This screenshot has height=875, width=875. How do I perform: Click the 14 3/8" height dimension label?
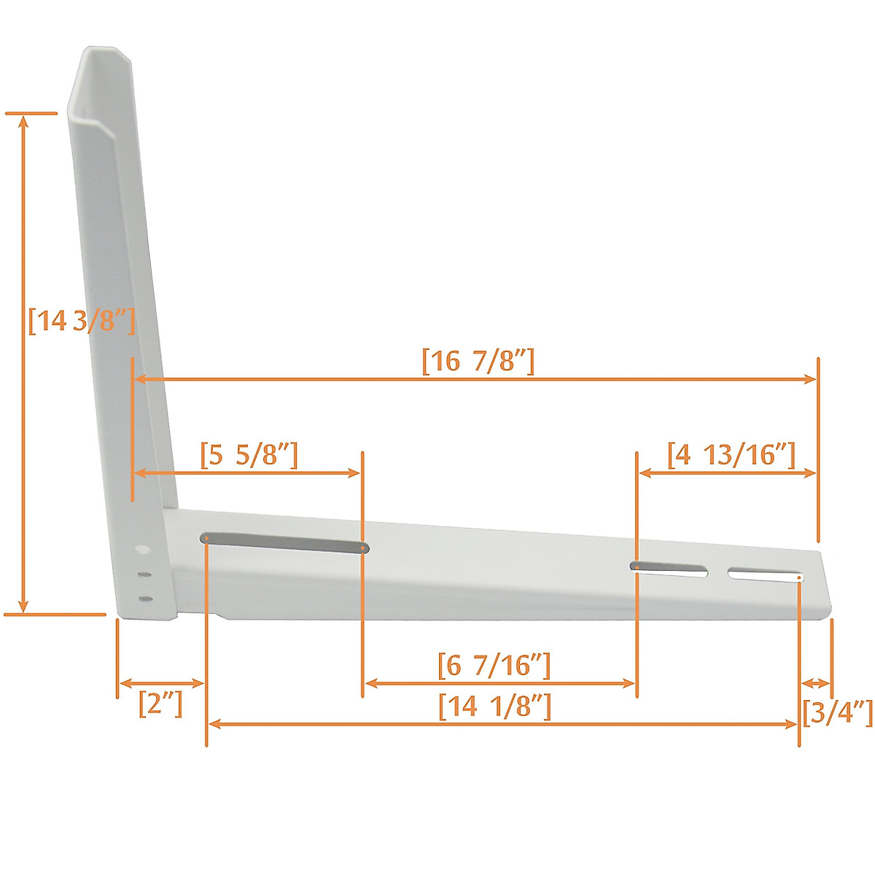pyautogui.click(x=81, y=321)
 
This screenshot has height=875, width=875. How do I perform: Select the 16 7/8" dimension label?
pyautogui.click(x=478, y=361)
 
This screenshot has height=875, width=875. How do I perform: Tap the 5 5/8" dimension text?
pyautogui.click(x=249, y=455)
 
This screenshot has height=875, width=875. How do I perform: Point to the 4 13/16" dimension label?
pyautogui.click(x=731, y=455)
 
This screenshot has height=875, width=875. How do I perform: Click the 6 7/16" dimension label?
pyautogui.click(x=494, y=666)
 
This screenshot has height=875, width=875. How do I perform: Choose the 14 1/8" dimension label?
pyautogui.click(x=495, y=707)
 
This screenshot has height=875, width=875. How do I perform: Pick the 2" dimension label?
pyautogui.click(x=160, y=704)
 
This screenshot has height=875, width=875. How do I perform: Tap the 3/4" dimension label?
pyautogui.click(x=837, y=712)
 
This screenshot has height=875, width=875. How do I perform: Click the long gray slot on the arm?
pyautogui.click(x=284, y=542)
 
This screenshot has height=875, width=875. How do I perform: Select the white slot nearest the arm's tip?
pyautogui.click(x=766, y=575)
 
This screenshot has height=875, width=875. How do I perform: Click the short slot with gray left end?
pyautogui.click(x=669, y=569)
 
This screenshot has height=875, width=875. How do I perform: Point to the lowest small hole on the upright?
pyautogui.click(x=146, y=599)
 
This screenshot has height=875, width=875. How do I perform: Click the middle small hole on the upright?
pyautogui.click(x=145, y=575)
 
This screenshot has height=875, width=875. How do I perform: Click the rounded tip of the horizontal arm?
pyautogui.click(x=825, y=583)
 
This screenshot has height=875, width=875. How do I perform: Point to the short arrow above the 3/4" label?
pyautogui.click(x=816, y=683)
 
